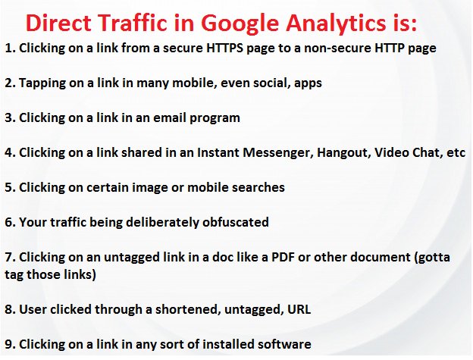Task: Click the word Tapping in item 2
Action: tap(42, 83)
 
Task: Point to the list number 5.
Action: tap(9, 187)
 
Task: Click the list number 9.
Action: tap(9, 344)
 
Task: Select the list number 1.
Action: tap(9, 48)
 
